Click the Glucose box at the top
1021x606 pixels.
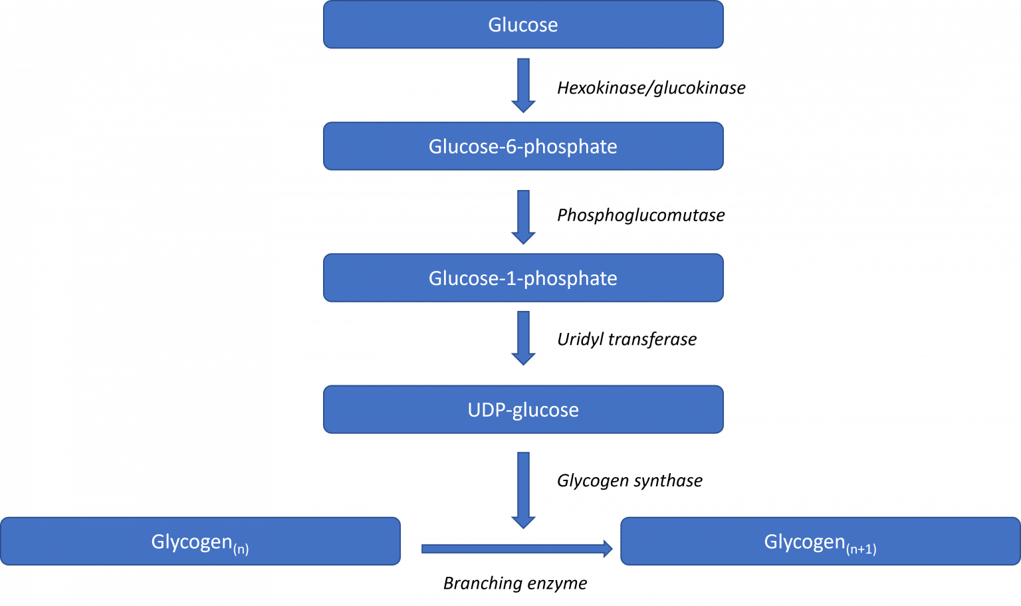[523, 25]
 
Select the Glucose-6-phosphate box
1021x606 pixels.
[523, 146]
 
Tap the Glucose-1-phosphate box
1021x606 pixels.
[523, 278]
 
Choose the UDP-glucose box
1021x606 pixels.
[523, 409]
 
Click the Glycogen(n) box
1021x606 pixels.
[201, 542]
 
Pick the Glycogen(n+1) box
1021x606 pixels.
[820, 542]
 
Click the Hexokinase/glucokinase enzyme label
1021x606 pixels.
[651, 88]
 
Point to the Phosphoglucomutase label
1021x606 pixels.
[641, 215]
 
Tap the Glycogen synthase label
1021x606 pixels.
[630, 480]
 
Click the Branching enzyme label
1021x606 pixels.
[515, 583]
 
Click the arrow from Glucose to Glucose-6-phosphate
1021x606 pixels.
[523, 85]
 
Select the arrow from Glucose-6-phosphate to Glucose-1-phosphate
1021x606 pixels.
[523, 217]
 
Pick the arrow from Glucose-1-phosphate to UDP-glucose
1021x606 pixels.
[523, 338]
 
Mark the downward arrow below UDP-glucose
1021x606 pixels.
[523, 490]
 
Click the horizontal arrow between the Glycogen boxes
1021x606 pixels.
[517, 549]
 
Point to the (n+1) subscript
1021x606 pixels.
[861, 550]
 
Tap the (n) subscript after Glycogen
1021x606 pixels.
[241, 550]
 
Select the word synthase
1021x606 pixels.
[668, 480]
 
